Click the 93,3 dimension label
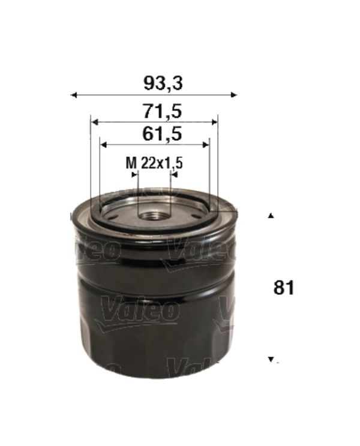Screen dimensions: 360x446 point(163,84)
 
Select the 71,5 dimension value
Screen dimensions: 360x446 point(163,111)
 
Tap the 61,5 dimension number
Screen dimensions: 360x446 point(162,134)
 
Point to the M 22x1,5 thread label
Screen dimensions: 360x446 point(154,163)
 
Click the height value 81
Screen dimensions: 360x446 point(284,288)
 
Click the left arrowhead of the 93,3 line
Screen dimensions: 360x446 point(74,95)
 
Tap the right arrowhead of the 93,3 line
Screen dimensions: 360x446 point(233,95)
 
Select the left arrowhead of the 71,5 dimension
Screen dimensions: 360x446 point(95,122)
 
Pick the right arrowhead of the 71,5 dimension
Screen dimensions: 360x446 point(215,122)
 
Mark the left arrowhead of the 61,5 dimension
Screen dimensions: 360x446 point(104,145)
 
